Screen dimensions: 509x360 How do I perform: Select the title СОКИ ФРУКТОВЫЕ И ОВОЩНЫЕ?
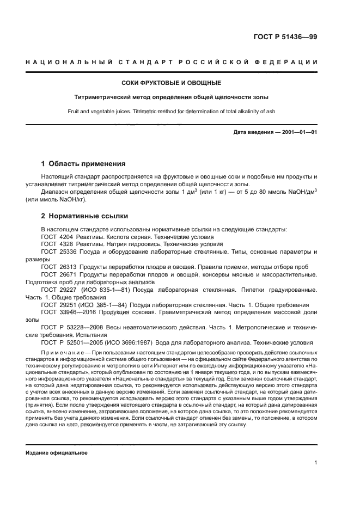[x=171, y=83]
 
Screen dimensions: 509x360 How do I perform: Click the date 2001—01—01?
[x=297, y=133]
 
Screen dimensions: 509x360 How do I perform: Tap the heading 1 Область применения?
[x=84, y=163]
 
